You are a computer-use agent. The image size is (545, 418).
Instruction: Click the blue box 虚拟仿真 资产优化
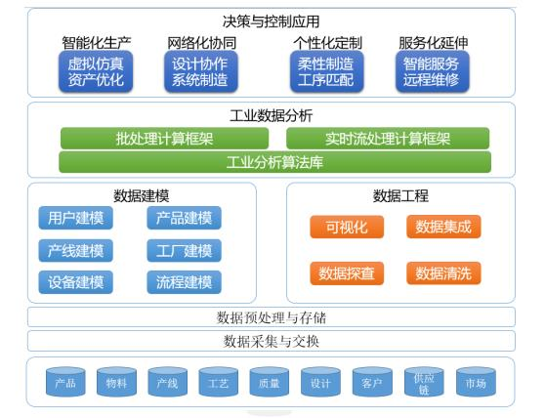click(x=97, y=71)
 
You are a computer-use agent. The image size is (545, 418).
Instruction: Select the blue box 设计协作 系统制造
click(x=200, y=71)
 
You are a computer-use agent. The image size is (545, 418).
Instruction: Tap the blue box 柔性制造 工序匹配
click(x=327, y=71)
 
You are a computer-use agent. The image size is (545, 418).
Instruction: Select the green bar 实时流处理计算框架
click(x=388, y=139)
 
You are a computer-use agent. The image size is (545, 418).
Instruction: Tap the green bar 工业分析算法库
click(x=274, y=161)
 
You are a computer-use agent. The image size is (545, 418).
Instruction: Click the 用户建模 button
click(x=75, y=218)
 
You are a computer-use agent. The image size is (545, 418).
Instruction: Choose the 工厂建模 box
click(x=184, y=250)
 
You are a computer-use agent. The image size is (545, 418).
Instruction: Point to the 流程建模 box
click(x=184, y=283)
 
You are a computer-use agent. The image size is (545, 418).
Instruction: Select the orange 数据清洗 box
click(x=443, y=272)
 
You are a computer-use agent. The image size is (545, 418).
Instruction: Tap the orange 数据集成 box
click(x=443, y=228)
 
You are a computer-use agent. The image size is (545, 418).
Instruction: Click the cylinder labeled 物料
click(x=116, y=383)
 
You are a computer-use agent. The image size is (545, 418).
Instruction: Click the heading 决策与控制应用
click(x=272, y=21)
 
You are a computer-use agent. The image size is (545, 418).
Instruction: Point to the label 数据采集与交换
click(x=272, y=341)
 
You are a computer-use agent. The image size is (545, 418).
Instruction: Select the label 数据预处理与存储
click(x=272, y=317)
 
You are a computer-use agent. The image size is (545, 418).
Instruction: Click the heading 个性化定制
click(x=327, y=43)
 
